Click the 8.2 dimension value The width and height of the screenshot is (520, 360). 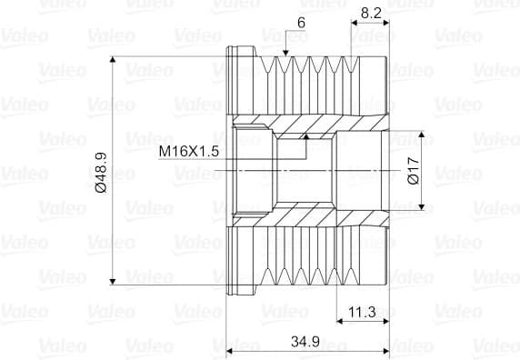tap(371, 13)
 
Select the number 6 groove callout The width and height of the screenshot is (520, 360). tap(301, 23)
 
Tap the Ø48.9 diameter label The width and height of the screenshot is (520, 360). tap(101, 173)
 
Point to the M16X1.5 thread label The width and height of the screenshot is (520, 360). tap(189, 152)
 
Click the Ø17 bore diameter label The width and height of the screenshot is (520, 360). tap(414, 171)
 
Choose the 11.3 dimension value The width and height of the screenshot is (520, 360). tap(362, 312)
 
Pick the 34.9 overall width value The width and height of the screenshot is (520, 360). tap(305, 342)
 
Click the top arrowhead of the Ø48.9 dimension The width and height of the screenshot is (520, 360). tap(113, 59)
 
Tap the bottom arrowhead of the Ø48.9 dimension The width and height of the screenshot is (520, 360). tap(113, 282)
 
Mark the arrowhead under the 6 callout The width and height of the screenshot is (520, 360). tap(285, 53)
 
